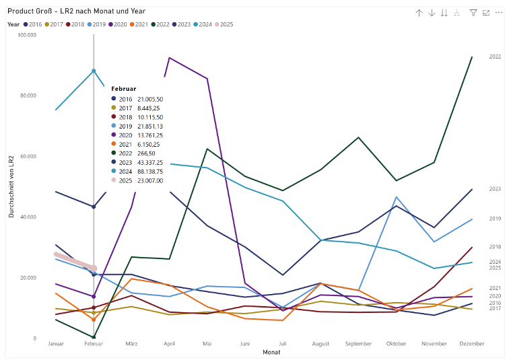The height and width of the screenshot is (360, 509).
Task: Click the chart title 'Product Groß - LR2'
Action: pos(76,11)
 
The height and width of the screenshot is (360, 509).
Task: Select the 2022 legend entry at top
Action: pos(162,24)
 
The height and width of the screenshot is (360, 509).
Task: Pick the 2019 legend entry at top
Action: pos(99,24)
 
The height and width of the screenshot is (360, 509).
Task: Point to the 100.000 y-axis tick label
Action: pos(27,34)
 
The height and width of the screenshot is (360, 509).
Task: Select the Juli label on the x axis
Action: pos(283,344)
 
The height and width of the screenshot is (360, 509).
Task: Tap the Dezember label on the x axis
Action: pos(471,344)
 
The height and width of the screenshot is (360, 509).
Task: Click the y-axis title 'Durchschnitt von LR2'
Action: pos(11,186)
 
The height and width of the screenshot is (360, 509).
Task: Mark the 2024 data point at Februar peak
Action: pos(94,71)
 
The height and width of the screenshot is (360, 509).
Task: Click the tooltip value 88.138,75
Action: pos(149,172)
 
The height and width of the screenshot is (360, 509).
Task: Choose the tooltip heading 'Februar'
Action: pos(124,89)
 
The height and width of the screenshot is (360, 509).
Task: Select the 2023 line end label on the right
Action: pos(495,189)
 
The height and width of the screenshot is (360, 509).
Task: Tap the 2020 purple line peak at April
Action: pos(169,58)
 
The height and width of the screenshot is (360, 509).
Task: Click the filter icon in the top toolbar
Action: pos(473,13)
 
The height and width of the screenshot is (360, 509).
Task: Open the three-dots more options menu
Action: pos(498,13)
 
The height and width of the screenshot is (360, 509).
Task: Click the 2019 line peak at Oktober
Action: pos(396,197)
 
